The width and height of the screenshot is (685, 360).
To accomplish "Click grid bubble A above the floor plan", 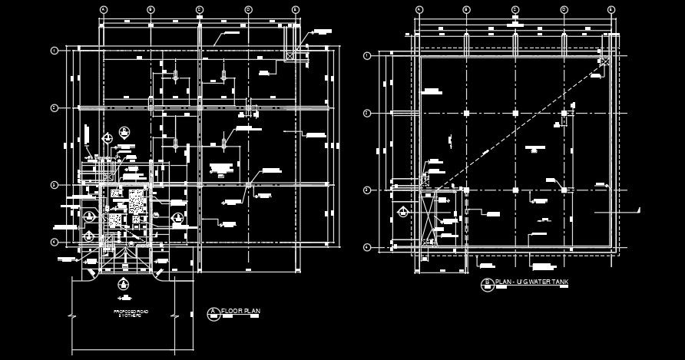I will (x=103, y=9).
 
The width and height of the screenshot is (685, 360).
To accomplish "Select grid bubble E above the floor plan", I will (x=296, y=9).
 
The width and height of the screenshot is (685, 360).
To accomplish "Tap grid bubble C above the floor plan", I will (x=199, y=9).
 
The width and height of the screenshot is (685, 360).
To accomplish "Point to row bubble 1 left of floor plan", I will (x=55, y=51).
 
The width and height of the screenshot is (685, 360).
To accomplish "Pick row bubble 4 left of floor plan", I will (x=55, y=242).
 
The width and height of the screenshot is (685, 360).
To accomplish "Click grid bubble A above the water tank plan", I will (x=419, y=9).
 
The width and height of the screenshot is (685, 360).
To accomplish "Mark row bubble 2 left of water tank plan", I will (x=367, y=113).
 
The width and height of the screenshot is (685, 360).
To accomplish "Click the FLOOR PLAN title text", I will (x=241, y=311).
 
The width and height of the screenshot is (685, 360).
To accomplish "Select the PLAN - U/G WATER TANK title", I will (x=532, y=283).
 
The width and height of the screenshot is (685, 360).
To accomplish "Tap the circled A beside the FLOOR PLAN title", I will (x=213, y=312).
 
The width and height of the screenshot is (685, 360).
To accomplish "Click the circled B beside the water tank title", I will (x=486, y=284).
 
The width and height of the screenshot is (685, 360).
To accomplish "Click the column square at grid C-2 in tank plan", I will (x=515, y=113).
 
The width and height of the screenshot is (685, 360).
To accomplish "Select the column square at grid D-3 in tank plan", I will (x=564, y=189).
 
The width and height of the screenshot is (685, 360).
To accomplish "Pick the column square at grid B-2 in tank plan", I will (x=467, y=113).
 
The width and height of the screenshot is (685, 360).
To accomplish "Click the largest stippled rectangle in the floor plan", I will (x=137, y=201).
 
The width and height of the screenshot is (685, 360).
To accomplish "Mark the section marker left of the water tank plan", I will (x=402, y=212).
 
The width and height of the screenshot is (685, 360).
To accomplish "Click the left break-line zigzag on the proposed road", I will (x=71, y=315).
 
